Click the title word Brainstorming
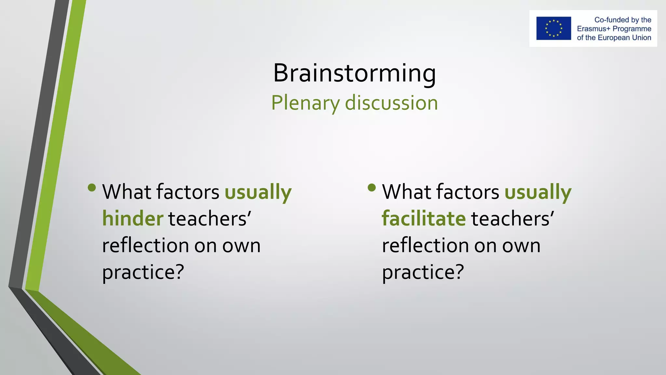coord(354,73)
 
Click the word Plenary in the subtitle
coord(305,103)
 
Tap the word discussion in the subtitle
coord(391,103)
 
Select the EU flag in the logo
coord(553,28)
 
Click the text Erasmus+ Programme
coord(614,29)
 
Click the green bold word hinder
coord(133,218)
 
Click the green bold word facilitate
coord(424,218)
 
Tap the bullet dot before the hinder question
coord(92,187)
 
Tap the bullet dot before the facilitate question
coord(372,187)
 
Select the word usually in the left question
coord(258,192)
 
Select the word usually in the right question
coord(538,192)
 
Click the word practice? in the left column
coord(143,272)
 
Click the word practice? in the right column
coord(423,272)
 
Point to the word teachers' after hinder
coord(210,218)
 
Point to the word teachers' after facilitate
coord(513,218)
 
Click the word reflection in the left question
coord(145,245)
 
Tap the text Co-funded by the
coord(622,20)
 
